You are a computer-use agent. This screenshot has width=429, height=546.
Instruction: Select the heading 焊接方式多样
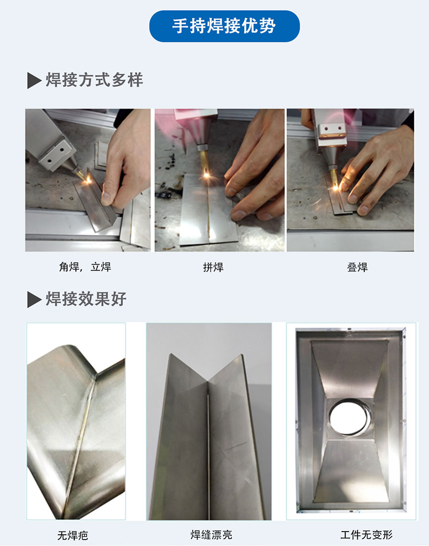(x=94, y=80)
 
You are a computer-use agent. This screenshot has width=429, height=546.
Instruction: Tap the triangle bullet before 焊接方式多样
(x=34, y=81)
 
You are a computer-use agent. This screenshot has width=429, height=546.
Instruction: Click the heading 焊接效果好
(x=86, y=299)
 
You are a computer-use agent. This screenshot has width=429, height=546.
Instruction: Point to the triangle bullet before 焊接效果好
(x=34, y=299)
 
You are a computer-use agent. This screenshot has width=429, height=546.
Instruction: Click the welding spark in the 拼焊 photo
(x=206, y=174)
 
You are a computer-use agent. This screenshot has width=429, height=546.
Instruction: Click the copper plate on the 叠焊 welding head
(x=333, y=137)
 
